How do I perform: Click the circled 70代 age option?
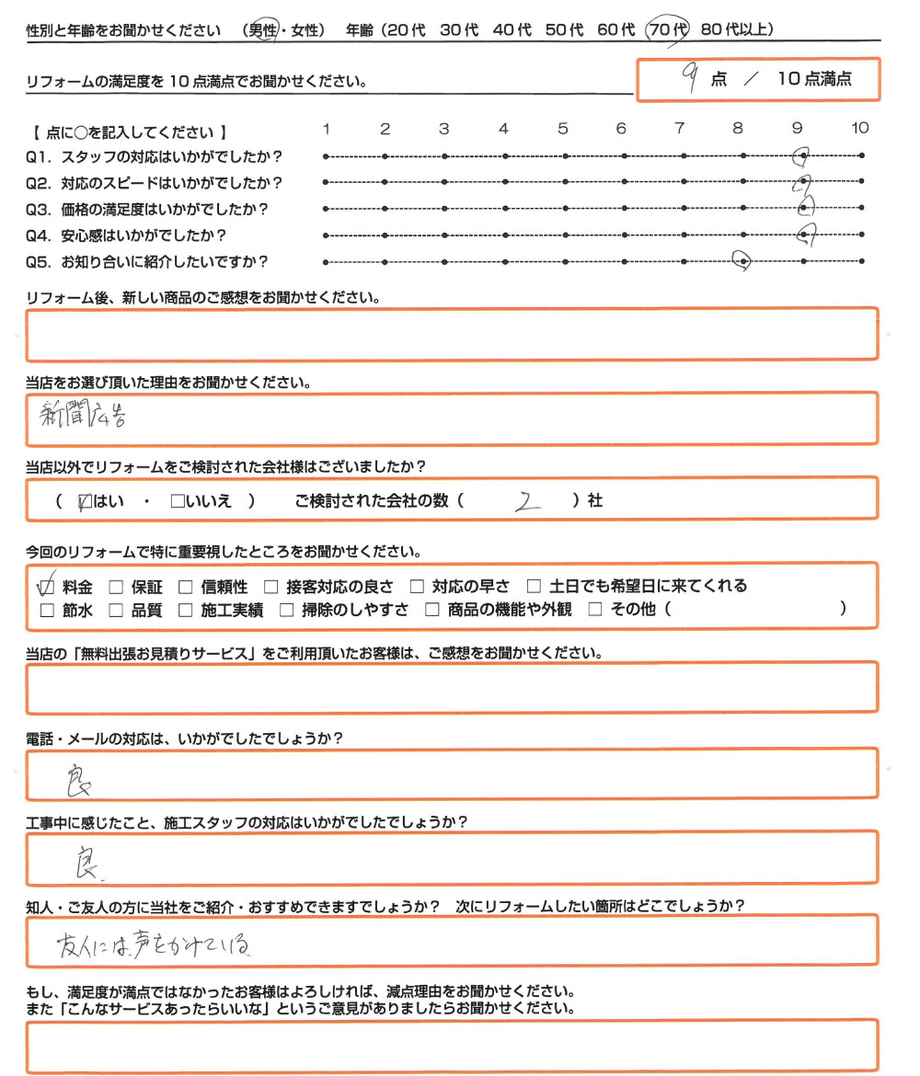pyautogui.click(x=667, y=30)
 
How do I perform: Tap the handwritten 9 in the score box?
pyautogui.click(x=686, y=77)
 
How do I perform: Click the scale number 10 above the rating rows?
pyautogui.click(x=860, y=129)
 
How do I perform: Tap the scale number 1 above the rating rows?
pyautogui.click(x=327, y=129)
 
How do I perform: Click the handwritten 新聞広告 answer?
pyautogui.click(x=82, y=418)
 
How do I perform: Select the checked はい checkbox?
pyautogui.click(x=86, y=502)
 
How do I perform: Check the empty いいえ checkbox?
pyautogui.click(x=178, y=502)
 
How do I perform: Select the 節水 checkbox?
pyautogui.click(x=47, y=609)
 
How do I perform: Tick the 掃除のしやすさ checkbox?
pyautogui.click(x=285, y=609)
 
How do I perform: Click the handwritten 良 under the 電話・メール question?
pyautogui.click(x=84, y=782)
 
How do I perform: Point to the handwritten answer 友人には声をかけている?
pyautogui.click(x=153, y=944)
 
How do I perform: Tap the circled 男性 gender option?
pyautogui.click(x=268, y=30)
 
